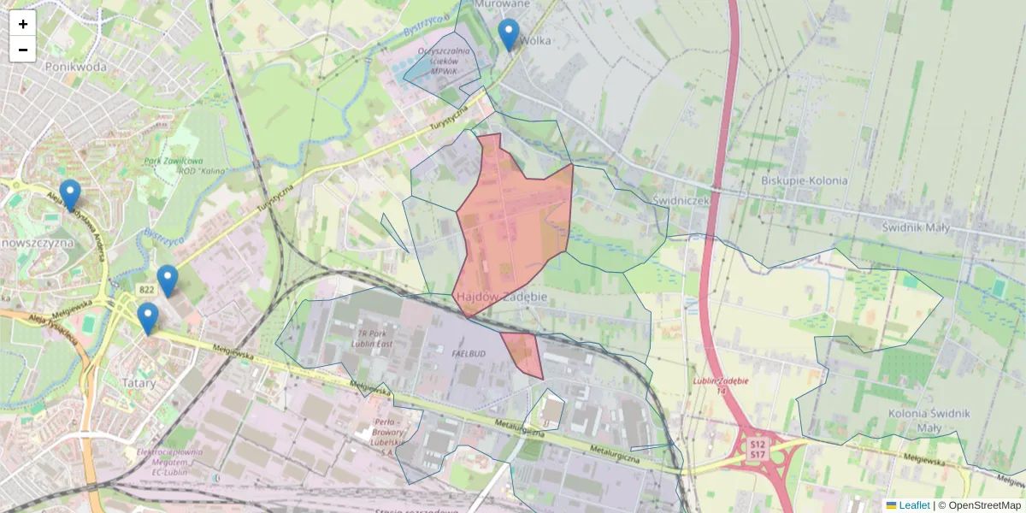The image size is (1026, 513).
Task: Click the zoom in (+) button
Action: coord(22,24)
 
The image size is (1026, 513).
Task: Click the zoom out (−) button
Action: coord(22,50)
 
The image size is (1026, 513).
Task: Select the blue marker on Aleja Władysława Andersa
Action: coord(70,196)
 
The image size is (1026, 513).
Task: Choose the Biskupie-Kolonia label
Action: coord(804,180)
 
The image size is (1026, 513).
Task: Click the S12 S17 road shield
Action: coord(758,450)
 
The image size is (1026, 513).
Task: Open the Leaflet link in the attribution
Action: coord(913,505)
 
